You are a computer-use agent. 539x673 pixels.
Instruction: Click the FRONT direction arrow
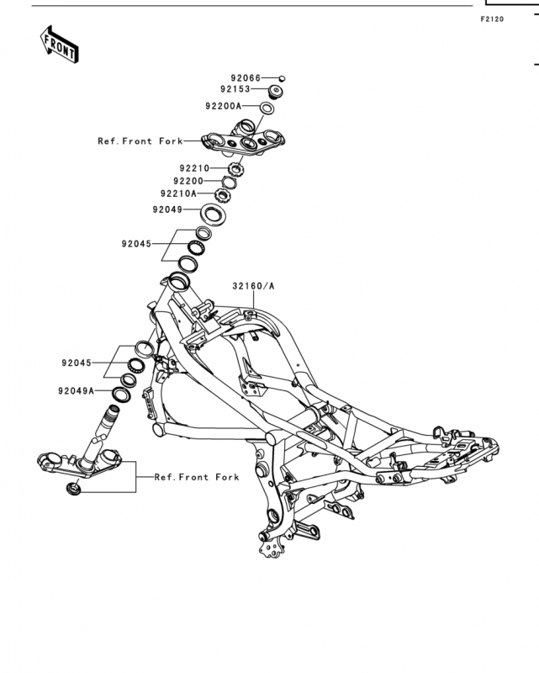59,45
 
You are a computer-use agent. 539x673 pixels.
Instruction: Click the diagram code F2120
492,19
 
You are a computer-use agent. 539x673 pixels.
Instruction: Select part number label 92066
246,78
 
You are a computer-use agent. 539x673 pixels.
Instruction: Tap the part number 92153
235,89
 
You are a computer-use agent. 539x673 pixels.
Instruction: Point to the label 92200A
224,106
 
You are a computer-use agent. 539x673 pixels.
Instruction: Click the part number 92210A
178,193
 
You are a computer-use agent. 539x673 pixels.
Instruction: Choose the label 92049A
76,391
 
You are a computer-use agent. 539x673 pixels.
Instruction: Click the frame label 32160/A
253,286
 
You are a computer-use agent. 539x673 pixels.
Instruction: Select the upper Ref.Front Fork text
140,141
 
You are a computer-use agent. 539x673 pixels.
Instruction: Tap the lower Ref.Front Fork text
197,477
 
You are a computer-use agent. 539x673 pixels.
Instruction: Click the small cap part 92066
282,78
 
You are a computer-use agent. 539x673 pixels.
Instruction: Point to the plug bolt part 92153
276,92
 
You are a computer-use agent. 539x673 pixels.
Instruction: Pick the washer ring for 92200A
267,109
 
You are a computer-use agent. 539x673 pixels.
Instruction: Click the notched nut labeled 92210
235,169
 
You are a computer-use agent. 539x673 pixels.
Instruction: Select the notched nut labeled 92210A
223,196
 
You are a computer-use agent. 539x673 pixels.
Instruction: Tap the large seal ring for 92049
213,214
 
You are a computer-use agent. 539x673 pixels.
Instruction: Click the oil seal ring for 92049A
121,395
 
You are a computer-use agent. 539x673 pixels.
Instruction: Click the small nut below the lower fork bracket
73,488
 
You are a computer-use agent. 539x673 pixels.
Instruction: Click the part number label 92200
188,181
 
